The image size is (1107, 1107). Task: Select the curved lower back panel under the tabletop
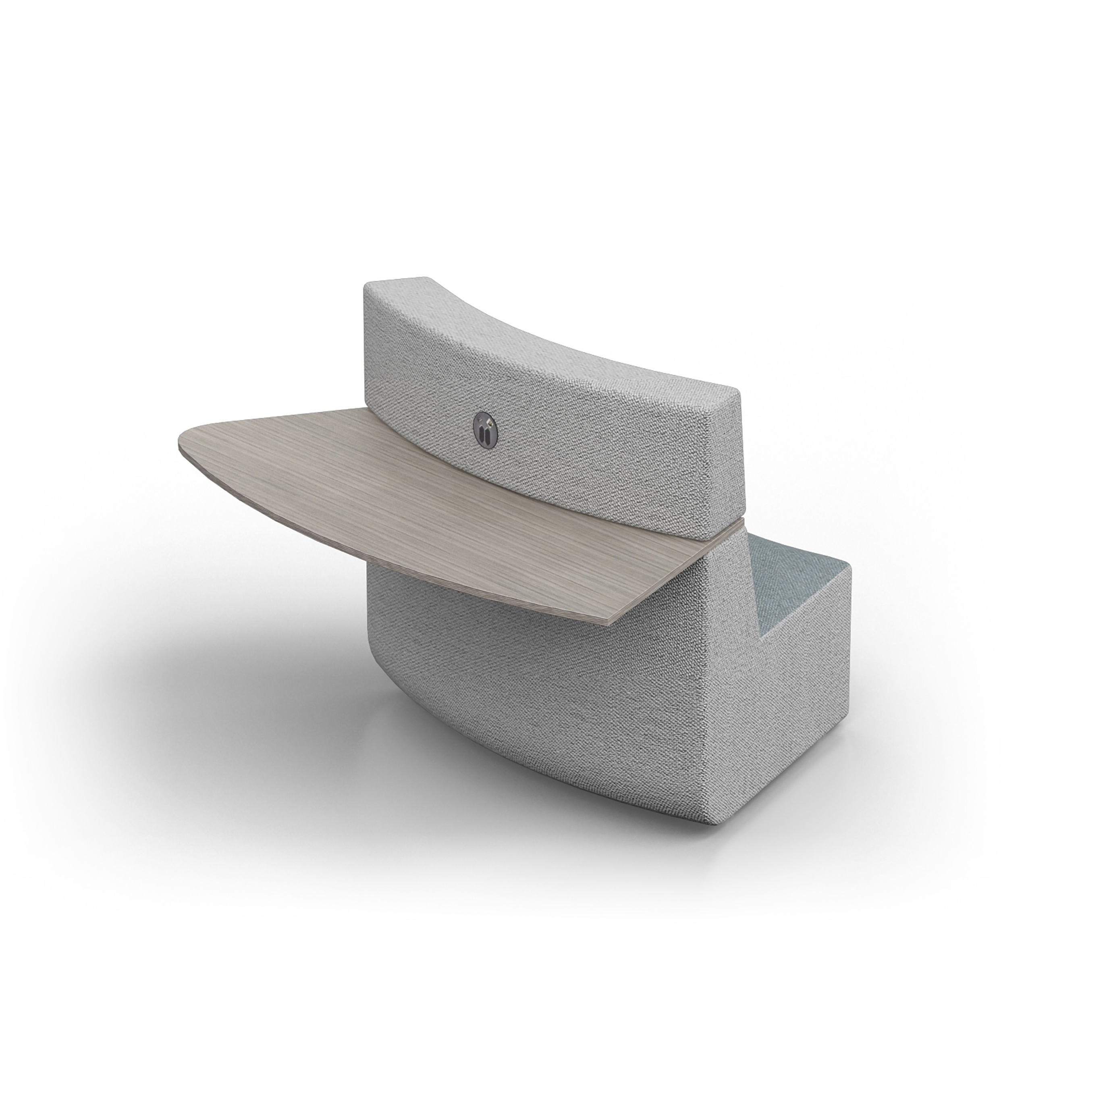tap(516, 659)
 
